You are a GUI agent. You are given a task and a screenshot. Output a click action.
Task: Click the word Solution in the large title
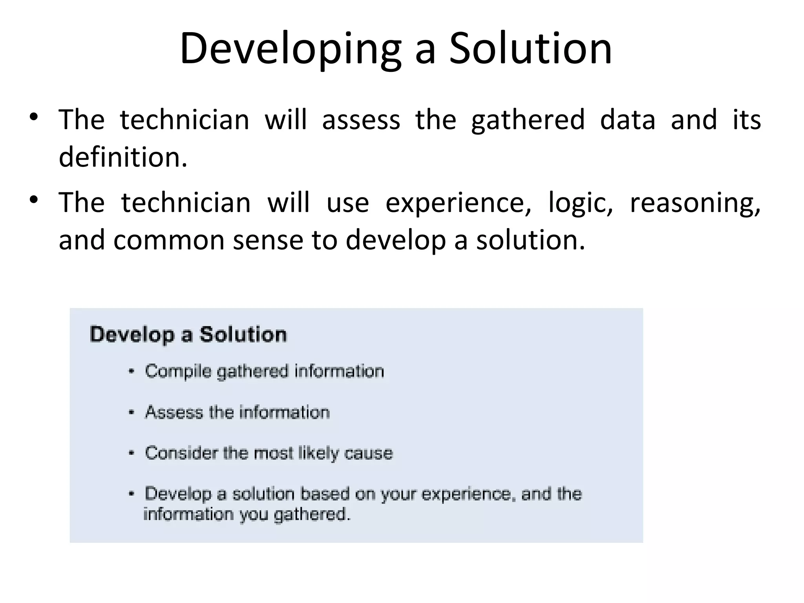click(x=530, y=48)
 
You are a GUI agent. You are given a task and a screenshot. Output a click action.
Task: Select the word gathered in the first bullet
click(x=528, y=120)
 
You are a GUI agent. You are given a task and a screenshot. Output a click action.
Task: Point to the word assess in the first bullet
click(x=361, y=120)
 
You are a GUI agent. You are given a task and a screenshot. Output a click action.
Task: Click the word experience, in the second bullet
click(x=458, y=203)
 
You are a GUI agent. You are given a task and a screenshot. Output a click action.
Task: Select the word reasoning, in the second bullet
click(x=695, y=203)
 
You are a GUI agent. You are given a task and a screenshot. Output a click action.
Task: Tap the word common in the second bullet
click(x=169, y=240)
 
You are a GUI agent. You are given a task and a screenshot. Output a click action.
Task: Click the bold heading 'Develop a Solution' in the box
click(x=188, y=335)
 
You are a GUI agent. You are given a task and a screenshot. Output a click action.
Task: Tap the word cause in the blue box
click(x=368, y=453)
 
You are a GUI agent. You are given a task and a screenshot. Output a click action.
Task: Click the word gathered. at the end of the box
click(x=312, y=514)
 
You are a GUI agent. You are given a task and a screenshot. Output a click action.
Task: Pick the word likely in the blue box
click(x=318, y=453)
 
